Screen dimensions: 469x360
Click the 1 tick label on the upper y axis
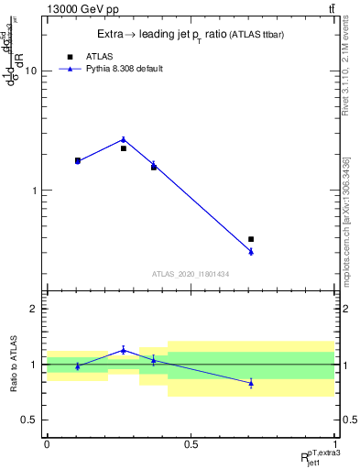(x=35, y=191)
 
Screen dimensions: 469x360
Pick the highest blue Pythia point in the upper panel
(x=124, y=139)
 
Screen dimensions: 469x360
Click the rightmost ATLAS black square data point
(x=251, y=239)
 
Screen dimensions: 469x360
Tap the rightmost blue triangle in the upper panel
(x=251, y=251)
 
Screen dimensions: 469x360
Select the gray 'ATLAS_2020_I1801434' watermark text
(x=191, y=274)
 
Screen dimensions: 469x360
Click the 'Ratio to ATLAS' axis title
(x=14, y=365)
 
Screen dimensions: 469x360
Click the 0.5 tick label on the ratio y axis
(x=29, y=420)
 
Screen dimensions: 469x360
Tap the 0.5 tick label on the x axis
(x=190, y=444)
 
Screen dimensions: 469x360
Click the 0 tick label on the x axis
(x=46, y=444)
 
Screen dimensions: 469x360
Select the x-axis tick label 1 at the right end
(x=334, y=444)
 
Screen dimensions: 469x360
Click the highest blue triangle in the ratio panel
(x=124, y=350)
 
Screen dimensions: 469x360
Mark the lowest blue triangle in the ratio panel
(x=251, y=383)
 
